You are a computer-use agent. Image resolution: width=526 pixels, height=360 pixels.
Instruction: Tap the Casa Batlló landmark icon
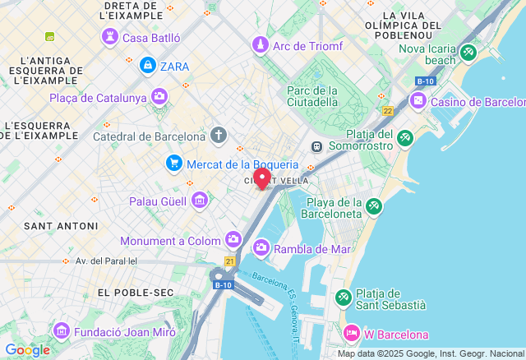click(109, 37)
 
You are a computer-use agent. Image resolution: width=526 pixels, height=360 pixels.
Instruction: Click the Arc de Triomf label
click(307, 45)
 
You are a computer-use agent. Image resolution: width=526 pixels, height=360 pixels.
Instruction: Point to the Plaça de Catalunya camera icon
click(159, 98)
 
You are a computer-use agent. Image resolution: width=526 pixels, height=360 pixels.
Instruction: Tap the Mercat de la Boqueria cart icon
click(173, 164)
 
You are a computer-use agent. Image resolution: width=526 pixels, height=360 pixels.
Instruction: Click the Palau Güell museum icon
click(199, 200)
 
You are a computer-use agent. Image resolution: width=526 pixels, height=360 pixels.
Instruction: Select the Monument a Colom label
click(170, 241)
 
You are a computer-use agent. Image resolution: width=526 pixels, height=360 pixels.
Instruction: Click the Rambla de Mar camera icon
click(261, 247)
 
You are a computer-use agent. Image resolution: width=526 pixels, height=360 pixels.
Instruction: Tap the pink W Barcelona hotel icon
click(351, 334)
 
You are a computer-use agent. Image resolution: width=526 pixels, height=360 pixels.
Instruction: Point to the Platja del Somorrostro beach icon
click(404, 139)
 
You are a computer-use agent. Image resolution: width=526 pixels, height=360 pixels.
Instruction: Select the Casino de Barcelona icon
click(418, 100)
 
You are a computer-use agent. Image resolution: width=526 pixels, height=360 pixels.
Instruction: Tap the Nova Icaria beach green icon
click(468, 54)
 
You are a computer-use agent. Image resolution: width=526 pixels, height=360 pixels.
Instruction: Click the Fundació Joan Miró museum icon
click(61, 330)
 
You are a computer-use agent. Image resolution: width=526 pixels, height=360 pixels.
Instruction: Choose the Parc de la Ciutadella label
click(312, 96)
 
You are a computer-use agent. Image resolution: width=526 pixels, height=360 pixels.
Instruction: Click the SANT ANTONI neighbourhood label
click(51, 225)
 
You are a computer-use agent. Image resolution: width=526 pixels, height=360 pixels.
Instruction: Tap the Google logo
click(27, 350)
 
